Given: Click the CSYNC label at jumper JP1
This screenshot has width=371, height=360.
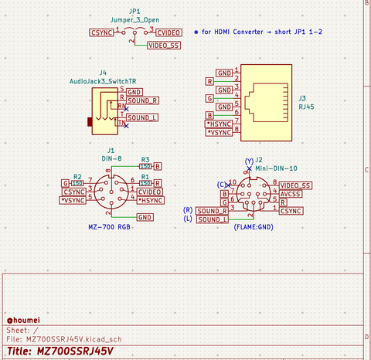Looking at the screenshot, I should coord(101,33).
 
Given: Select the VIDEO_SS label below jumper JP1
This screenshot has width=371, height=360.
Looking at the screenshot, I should coord(164,46).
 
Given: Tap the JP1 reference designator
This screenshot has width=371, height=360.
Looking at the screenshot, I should coord(134,12).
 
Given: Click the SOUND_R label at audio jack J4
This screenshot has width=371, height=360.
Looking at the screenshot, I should coord(143,100).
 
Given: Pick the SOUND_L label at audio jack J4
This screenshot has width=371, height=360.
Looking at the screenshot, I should coord(142,117).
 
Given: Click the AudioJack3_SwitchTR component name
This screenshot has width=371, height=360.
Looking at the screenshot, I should coord(103,80).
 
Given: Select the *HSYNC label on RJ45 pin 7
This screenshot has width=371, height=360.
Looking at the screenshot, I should coord(220,124).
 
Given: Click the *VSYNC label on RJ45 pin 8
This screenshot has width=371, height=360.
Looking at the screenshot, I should coord(220,132).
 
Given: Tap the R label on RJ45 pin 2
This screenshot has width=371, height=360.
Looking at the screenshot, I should coord(209,80).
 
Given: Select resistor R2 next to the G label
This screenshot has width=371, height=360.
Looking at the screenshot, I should coord(77,183).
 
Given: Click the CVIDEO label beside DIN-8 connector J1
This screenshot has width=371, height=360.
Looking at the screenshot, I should coord(149,192).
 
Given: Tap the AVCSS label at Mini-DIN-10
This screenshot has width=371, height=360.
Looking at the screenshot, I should coord(291,195).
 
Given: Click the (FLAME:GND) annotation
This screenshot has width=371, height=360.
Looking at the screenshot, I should coord(254,227).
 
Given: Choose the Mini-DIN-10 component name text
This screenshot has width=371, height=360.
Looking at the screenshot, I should coord(275,167).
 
